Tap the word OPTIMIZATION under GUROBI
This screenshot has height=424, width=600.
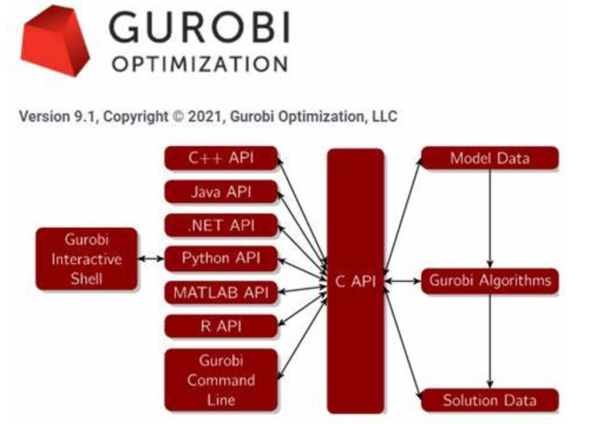(199, 64)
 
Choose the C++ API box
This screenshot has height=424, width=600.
(221, 158)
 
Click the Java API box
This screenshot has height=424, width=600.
(221, 192)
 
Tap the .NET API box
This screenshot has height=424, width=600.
(221, 225)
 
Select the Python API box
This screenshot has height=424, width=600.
(221, 258)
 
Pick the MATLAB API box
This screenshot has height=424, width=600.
(221, 292)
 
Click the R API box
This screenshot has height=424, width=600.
(221, 326)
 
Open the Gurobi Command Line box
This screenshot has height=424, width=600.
(221, 380)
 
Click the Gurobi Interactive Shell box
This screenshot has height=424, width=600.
(86, 259)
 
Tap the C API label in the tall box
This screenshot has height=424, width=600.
(356, 281)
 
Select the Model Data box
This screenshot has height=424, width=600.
(490, 158)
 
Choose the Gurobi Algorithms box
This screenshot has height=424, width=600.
(490, 281)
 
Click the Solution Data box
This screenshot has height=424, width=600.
(490, 400)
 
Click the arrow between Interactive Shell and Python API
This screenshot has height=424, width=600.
(151, 259)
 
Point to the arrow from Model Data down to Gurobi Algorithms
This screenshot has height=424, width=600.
(490, 219)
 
